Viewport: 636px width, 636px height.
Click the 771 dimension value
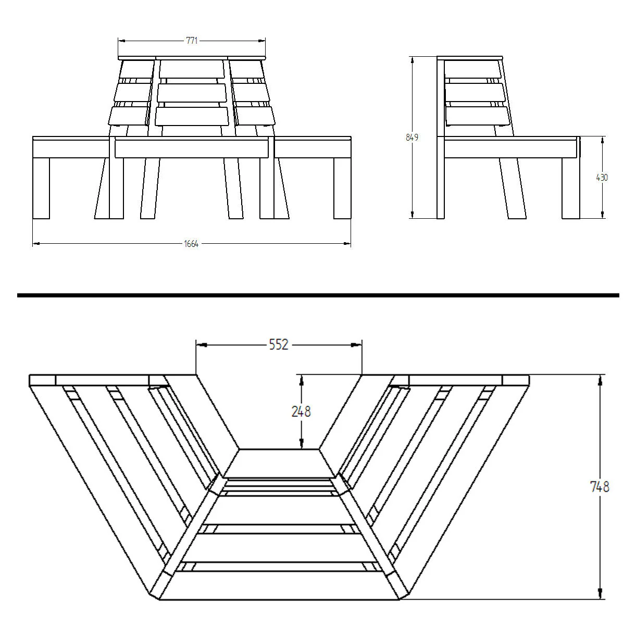(192, 41)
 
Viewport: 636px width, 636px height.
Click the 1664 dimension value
(191, 244)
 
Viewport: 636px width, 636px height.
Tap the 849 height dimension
(412, 138)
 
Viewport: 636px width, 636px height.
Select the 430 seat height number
(602, 178)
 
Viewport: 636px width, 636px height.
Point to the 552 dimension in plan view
(279, 345)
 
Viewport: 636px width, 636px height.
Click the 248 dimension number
(301, 411)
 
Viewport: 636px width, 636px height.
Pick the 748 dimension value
(600, 487)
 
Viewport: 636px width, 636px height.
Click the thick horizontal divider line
(318, 295)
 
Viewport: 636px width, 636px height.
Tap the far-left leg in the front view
(41, 188)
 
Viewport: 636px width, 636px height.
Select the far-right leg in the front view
(342, 188)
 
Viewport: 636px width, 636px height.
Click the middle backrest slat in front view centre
(192, 93)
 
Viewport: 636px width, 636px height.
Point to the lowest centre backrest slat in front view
(192, 116)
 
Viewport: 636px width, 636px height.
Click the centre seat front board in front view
(192, 148)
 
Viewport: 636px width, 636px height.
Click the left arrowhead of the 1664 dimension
(36, 244)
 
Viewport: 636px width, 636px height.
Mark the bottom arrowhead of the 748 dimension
(600, 602)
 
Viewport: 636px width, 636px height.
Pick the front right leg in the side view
(571, 188)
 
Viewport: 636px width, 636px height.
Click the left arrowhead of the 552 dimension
(202, 345)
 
